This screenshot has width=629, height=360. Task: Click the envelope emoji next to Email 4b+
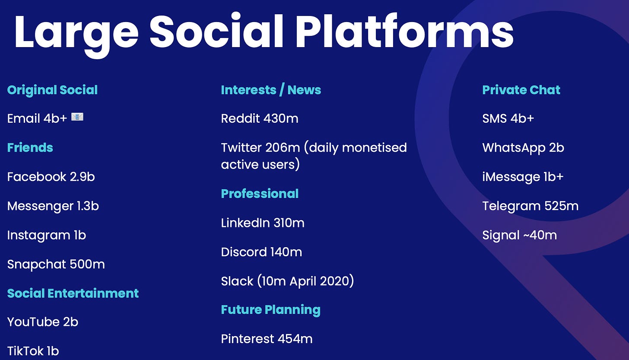point(77,117)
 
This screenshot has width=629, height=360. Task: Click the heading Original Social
point(53,90)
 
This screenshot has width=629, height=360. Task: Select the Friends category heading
point(30,148)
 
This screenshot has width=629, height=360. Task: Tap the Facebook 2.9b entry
point(51,177)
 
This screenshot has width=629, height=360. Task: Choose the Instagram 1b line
point(47,236)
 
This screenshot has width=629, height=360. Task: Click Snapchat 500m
point(56,264)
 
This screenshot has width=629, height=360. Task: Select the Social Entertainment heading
point(73,293)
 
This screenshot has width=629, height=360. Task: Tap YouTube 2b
point(43,322)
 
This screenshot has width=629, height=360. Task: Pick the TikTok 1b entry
point(33,351)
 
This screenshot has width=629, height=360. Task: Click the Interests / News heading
point(271,90)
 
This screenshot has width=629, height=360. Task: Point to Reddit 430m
point(260,118)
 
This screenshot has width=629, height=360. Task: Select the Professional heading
point(260,194)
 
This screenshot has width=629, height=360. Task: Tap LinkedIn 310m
point(263,223)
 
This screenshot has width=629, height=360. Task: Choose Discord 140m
point(262,252)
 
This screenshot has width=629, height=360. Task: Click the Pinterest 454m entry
point(267,339)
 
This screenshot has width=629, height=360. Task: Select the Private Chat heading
point(521,90)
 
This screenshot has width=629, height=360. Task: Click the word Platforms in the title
point(404,32)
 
